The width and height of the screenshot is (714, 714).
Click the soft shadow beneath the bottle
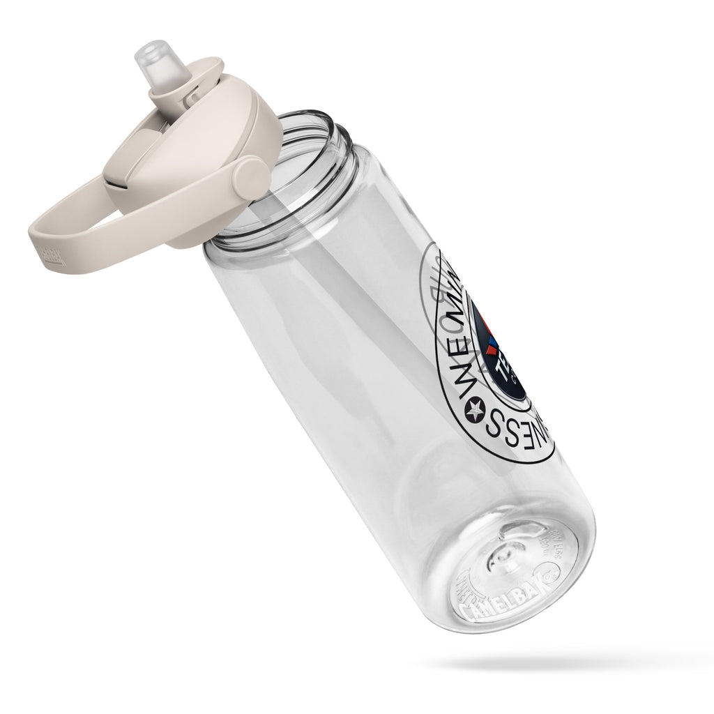[558, 659]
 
